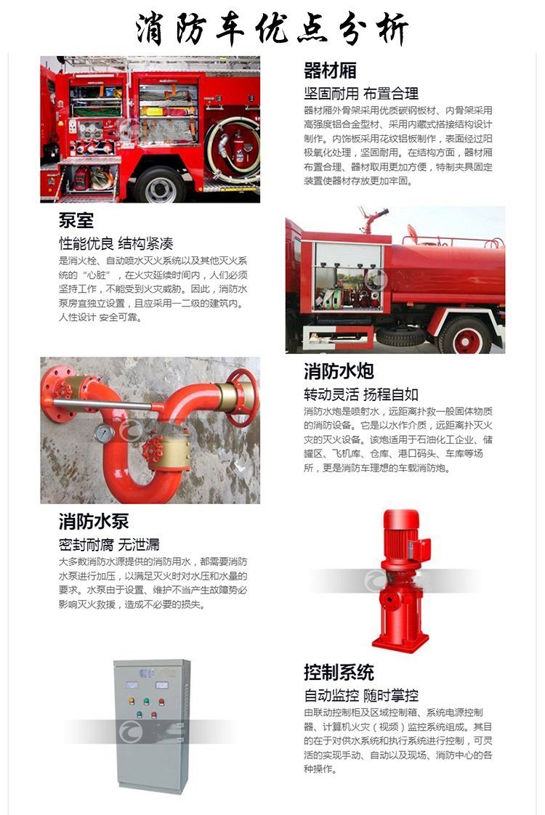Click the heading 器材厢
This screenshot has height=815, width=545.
pyautogui.click(x=330, y=70)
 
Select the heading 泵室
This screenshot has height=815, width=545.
pyautogui.click(x=76, y=220)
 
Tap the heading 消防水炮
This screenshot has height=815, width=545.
pyautogui.click(x=339, y=371)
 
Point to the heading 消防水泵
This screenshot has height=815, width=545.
pyautogui.click(x=94, y=522)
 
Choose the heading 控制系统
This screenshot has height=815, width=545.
pyautogui.click(x=339, y=672)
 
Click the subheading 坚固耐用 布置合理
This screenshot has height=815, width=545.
pyautogui.click(x=361, y=94)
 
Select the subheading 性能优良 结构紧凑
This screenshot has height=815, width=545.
pyautogui.click(x=116, y=243)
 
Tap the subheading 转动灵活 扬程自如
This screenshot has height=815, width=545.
pyautogui.click(x=361, y=394)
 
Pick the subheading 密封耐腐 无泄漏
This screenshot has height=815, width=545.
pyautogui.click(x=109, y=545)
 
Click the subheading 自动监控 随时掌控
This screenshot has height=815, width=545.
pyautogui.click(x=361, y=695)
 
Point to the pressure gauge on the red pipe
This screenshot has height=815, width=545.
pyautogui.click(x=105, y=433)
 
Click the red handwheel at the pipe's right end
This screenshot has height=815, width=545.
pyautogui.click(x=242, y=397)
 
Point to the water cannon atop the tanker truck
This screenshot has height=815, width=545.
pyautogui.click(x=372, y=220)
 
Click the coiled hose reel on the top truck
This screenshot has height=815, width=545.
pyautogui.click(x=233, y=151)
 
